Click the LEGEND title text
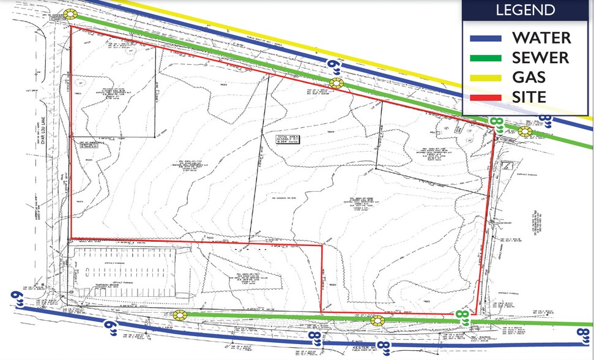click(525, 10)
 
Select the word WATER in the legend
click(541, 37)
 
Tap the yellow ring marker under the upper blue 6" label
click(337, 83)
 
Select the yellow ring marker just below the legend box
click(525, 130)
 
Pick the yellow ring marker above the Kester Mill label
click(377, 320)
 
